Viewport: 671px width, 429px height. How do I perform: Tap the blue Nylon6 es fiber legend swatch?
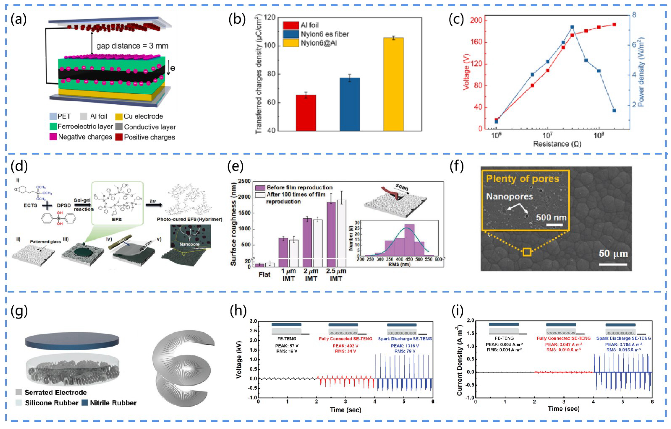tap(291, 34)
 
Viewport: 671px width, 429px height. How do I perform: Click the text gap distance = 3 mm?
tap(132, 46)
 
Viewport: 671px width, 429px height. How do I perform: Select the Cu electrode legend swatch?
tap(119, 117)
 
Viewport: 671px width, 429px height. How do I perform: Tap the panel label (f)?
tap(457, 167)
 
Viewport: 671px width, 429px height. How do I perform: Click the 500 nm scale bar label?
tap(551, 218)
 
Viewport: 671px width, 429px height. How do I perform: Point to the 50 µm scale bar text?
tap(613, 254)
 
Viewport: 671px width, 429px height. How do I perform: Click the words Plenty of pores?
tap(522, 179)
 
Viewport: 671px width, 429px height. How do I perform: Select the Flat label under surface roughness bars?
tap(264, 275)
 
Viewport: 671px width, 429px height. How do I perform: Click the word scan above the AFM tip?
tap(402, 187)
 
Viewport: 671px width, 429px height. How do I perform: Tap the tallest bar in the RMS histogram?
tap(409, 240)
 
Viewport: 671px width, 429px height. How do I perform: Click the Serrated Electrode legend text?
tap(56, 393)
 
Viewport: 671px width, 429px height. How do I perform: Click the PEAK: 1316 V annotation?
tap(405, 346)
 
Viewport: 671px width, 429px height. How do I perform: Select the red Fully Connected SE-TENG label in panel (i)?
tap(563, 338)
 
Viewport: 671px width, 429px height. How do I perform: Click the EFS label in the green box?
tap(117, 219)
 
